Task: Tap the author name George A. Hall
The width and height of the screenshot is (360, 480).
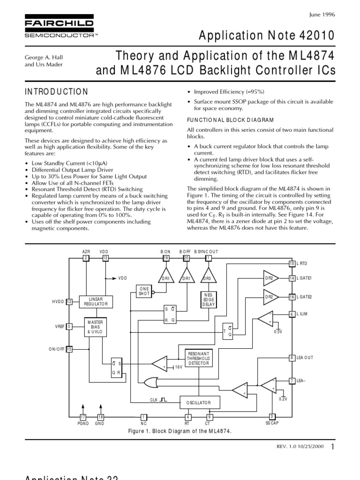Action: click(44, 58)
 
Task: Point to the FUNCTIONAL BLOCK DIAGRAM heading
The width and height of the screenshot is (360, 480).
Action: click(230, 120)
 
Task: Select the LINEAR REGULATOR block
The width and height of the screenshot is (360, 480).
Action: click(96, 301)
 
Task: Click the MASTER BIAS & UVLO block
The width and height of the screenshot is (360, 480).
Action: click(96, 327)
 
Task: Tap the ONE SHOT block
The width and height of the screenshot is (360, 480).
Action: click(143, 291)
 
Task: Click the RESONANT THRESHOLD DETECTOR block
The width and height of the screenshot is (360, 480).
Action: click(199, 359)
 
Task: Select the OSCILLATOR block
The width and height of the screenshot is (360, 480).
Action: click(199, 402)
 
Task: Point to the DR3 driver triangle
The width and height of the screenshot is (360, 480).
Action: click(208, 277)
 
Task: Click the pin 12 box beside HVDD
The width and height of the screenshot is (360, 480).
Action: click(69, 301)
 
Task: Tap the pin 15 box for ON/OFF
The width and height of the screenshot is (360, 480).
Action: click(69, 349)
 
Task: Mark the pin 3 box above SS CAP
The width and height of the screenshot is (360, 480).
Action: click(272, 416)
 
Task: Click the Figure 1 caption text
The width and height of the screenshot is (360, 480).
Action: click(180, 431)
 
